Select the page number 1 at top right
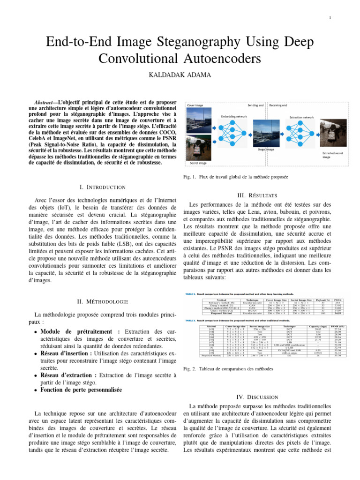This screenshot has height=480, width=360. click(x=330, y=18)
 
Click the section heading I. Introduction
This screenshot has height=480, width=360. click(x=103, y=187)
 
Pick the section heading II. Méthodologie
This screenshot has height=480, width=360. click(x=103, y=301)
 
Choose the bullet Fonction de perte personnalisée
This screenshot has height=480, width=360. click(x=81, y=390)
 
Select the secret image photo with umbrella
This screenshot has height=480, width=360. click(x=201, y=146)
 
